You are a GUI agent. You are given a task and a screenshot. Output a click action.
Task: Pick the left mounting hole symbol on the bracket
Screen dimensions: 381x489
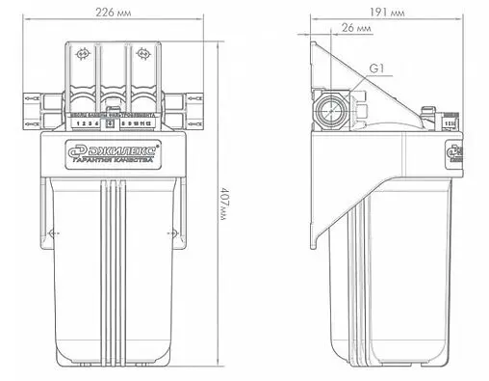[84, 54]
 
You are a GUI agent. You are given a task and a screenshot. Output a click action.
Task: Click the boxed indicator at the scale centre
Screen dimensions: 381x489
[111, 124]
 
